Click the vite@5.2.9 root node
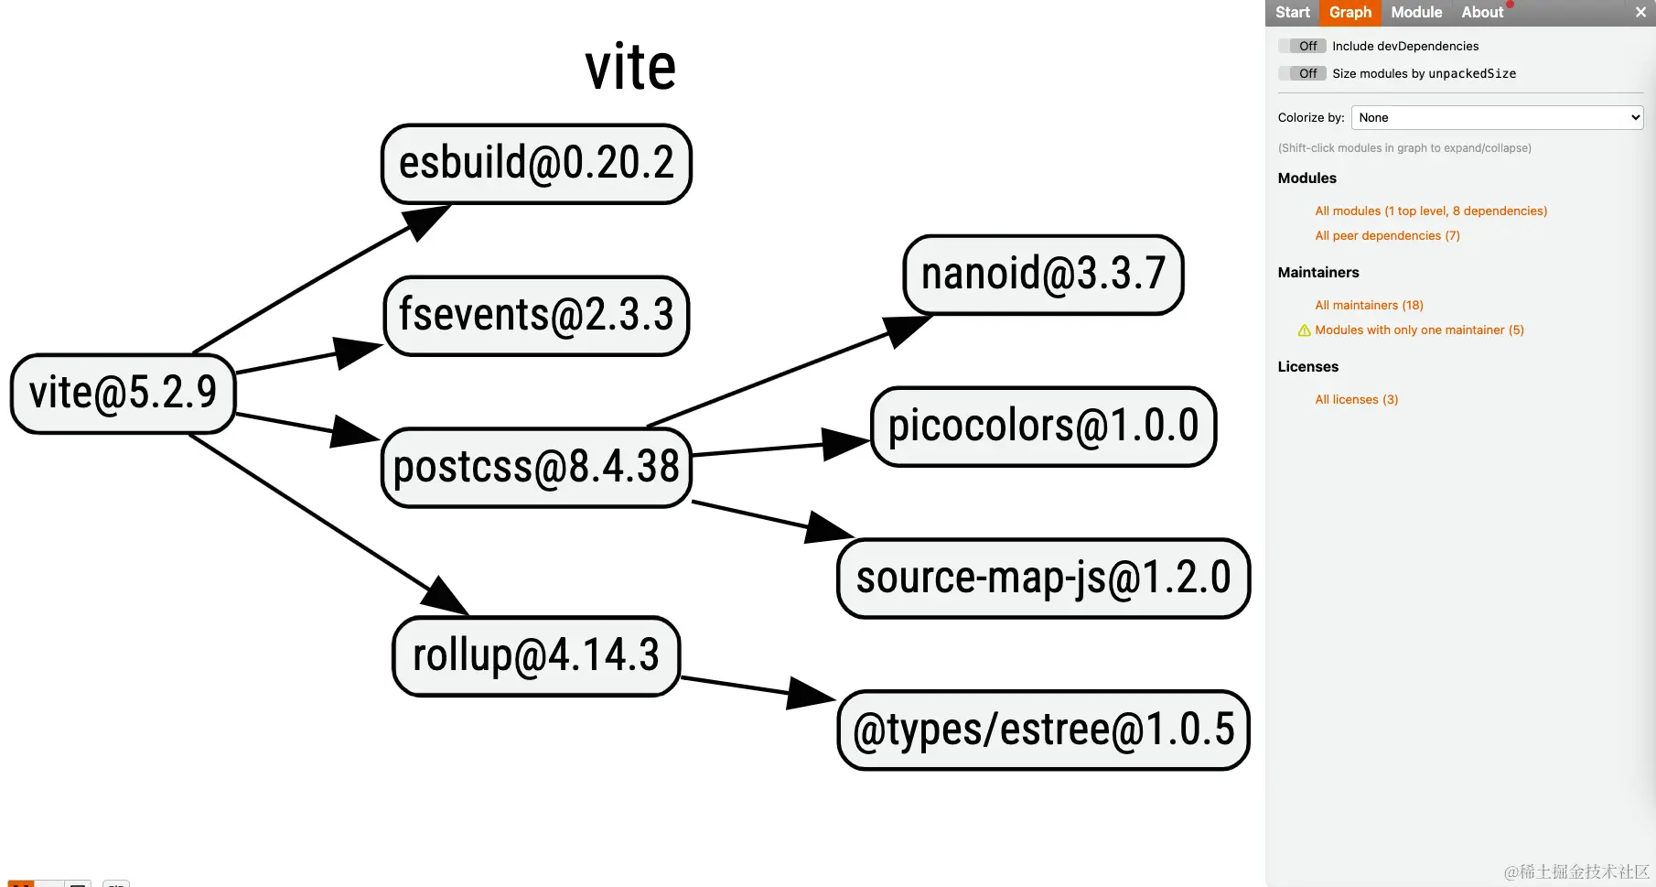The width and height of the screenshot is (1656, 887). pyautogui.click(x=124, y=394)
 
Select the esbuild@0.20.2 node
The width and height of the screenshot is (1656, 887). pyautogui.click(x=536, y=164)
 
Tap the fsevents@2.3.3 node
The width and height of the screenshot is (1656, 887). pyautogui.click(x=536, y=316)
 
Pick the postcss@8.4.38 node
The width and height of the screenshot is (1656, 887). pyautogui.click(x=536, y=468)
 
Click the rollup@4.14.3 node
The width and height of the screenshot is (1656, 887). pyautogui.click(x=536, y=656)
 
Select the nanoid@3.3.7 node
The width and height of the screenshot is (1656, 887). pyautogui.click(x=1043, y=275)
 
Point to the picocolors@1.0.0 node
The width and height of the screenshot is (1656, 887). pyautogui.click(x=1043, y=427)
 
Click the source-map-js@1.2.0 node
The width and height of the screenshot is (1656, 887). pyautogui.click(x=1043, y=579)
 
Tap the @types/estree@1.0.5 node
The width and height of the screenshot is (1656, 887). pyautogui.click(x=1043, y=730)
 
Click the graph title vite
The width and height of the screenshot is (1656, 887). pyautogui.click(x=630, y=68)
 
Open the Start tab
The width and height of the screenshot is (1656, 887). pyautogui.click(x=1292, y=12)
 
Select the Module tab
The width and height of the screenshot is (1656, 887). pyautogui.click(x=1415, y=12)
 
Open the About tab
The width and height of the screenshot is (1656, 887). pyautogui.click(x=1481, y=12)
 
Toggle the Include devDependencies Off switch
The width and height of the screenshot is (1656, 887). pyautogui.click(x=1302, y=46)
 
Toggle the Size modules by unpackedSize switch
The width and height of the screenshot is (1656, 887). pyautogui.click(x=1302, y=73)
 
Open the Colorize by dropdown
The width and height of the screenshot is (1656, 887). pyautogui.click(x=1497, y=117)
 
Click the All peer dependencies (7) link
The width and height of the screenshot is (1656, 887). pyautogui.click(x=1387, y=235)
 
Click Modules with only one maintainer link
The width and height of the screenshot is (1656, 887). pyautogui.click(x=1419, y=330)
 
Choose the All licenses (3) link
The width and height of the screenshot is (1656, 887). pyautogui.click(x=1356, y=399)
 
